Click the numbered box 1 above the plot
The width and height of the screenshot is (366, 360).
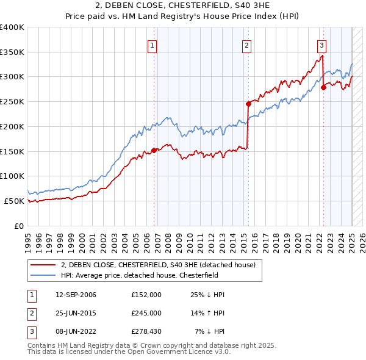152,44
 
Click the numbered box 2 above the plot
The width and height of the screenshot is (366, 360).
246,44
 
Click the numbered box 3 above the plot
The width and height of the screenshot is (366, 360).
321,44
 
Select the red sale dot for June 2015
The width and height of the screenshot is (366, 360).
249,104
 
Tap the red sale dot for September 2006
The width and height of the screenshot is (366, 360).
154,150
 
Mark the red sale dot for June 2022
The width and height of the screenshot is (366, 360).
324,87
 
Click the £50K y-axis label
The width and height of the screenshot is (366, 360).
14,201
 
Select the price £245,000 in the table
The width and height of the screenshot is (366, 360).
146,313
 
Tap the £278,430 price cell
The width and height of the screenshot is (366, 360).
146,331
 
